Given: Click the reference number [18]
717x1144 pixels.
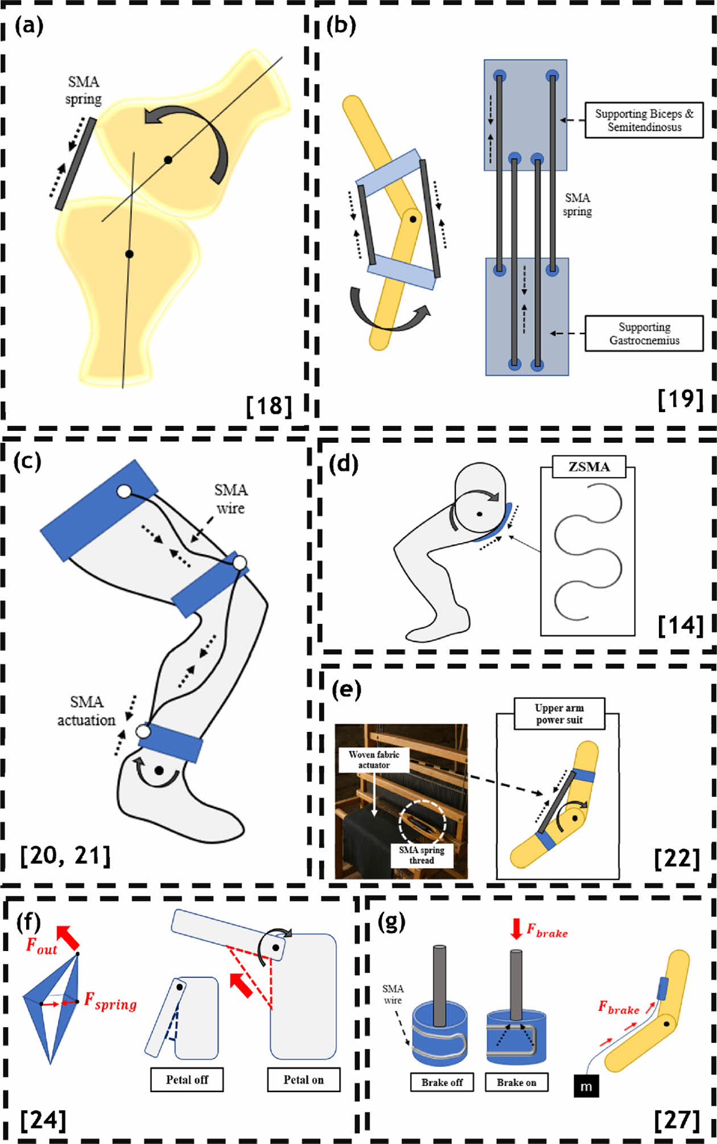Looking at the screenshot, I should coord(269,406).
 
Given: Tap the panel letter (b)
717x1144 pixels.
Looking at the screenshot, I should coord(341,26).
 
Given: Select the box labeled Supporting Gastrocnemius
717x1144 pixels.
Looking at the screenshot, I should coord(644,334).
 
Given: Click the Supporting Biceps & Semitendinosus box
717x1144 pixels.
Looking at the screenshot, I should coord(644,120).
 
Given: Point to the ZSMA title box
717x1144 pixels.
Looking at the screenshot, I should coord(589,467).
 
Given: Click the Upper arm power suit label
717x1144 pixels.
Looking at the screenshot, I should coord(559,714).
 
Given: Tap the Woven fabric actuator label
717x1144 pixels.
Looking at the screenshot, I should coord(374,759).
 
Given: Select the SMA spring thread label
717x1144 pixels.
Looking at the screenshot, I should coord(422,855).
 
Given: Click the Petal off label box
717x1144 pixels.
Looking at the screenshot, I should coord(187,1080).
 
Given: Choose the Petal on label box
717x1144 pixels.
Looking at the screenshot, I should coord(303,1080).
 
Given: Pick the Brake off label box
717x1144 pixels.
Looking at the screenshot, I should coord(442,1082).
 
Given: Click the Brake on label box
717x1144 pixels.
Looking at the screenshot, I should coord(516,1082).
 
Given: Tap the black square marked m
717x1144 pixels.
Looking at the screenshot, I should coord(586,1087).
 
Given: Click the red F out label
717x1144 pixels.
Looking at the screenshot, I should coord(42,946).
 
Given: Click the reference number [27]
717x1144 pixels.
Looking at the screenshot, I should coord(677,1119).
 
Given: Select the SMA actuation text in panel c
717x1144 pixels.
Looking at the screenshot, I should coord(86,711).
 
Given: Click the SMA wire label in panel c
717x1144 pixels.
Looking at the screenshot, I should coord(230,499).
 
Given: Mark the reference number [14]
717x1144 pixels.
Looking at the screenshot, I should coord(681,626).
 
